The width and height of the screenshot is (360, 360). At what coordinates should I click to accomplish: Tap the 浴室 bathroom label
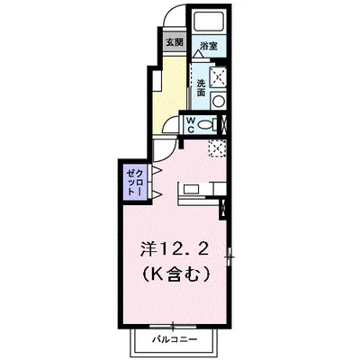pos(209,44)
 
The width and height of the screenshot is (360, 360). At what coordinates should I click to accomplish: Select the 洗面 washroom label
pos(199,87)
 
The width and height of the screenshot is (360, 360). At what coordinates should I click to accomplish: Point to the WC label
pos(191,125)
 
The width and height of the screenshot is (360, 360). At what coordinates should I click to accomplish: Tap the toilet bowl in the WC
pos(205,125)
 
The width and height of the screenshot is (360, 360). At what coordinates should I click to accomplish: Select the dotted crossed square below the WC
pos(216,148)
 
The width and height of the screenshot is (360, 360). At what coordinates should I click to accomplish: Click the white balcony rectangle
pos(166,343)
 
